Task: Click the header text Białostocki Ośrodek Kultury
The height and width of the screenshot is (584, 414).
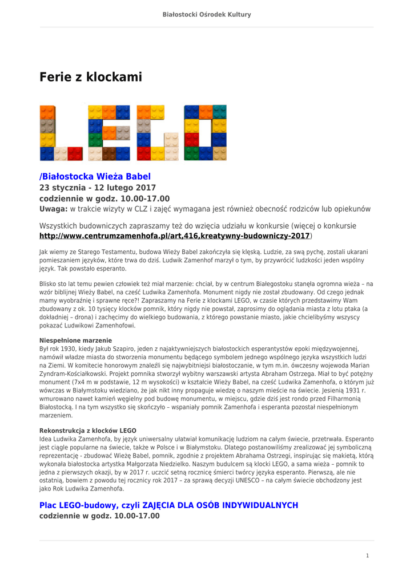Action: pos(207,15)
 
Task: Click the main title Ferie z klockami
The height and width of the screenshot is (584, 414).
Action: pos(90,77)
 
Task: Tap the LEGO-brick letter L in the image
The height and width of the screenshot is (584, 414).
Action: pos(62,133)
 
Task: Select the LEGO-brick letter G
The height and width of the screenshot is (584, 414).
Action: pos(158,133)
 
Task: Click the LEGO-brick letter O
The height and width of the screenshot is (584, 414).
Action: pos(205,133)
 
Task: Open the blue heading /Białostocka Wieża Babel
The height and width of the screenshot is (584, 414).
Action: pos(95,176)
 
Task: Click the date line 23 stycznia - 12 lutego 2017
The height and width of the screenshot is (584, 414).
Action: pos(97,187)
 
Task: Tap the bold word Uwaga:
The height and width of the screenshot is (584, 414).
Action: pos(53,209)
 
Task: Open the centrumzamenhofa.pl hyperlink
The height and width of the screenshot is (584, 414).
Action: pos(174,236)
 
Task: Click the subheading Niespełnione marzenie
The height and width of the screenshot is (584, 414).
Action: pos(75,340)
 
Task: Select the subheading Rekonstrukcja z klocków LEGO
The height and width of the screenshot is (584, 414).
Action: pos(87,430)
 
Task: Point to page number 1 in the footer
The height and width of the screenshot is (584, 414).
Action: pos(368,555)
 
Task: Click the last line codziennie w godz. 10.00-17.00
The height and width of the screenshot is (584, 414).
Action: pos(99,516)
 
